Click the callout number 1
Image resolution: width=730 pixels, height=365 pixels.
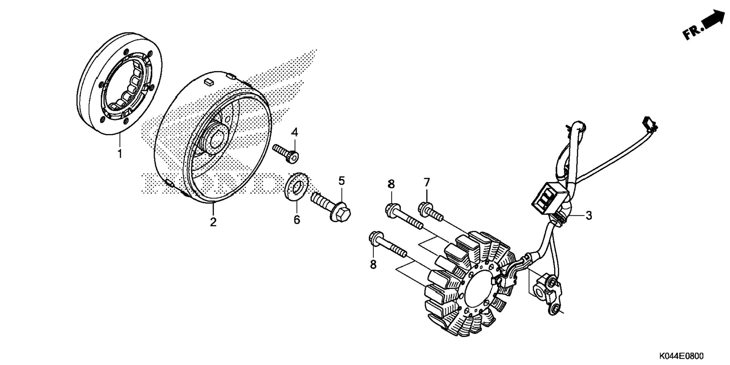click(120, 154)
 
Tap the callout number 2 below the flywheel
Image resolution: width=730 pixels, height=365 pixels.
click(213, 222)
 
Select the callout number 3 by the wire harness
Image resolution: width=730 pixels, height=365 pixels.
click(589, 216)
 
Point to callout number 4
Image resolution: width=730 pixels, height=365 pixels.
click(294, 132)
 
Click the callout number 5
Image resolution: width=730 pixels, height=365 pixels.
click(342, 181)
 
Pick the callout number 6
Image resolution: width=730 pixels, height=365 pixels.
click(297, 220)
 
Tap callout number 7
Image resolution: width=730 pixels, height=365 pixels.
click(427, 183)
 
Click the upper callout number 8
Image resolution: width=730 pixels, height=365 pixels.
click(391, 184)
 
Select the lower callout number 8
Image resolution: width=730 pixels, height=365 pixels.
click(373, 264)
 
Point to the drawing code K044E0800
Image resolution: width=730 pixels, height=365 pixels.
click(681, 356)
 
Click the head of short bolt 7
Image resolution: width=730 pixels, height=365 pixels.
click(425, 207)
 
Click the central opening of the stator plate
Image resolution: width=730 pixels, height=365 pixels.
click(478, 291)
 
